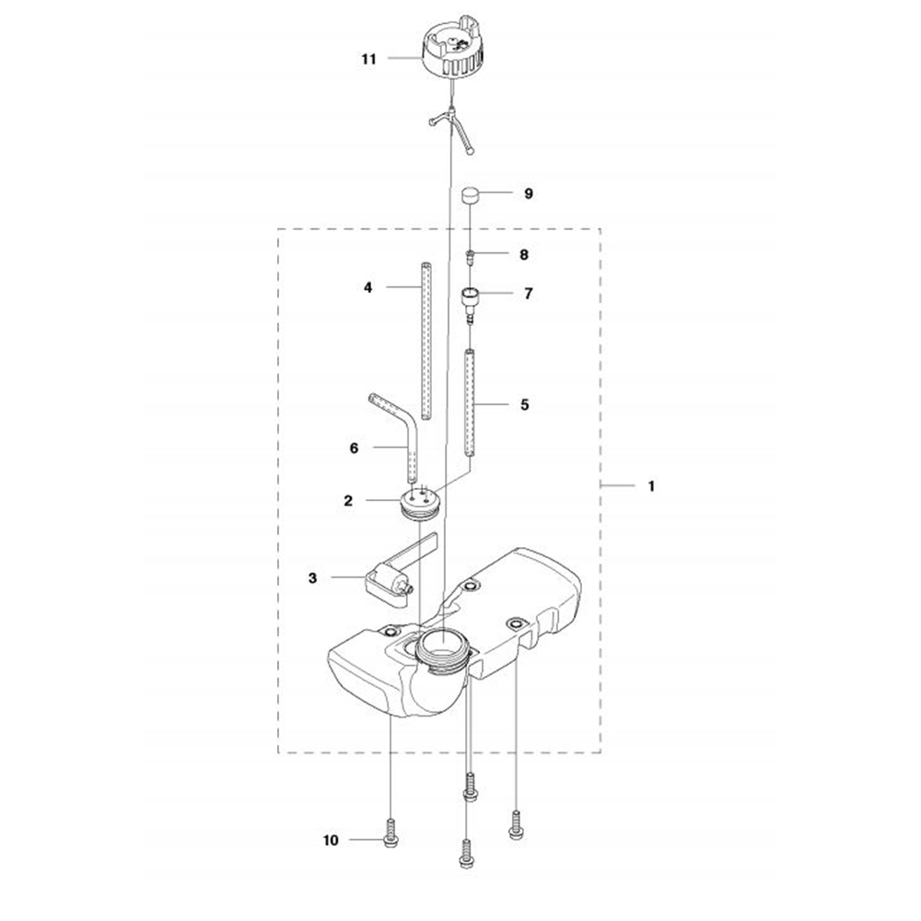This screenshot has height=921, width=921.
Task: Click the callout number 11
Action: tap(368, 59)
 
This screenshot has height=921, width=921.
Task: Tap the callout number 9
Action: tap(529, 193)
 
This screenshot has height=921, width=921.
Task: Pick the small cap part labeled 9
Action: tap(471, 194)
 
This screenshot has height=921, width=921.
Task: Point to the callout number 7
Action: tap(529, 293)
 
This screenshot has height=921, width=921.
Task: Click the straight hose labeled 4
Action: tap(426, 341)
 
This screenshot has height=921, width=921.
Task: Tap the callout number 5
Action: tap(525, 404)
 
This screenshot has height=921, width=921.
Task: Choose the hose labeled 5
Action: tap(470, 403)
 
